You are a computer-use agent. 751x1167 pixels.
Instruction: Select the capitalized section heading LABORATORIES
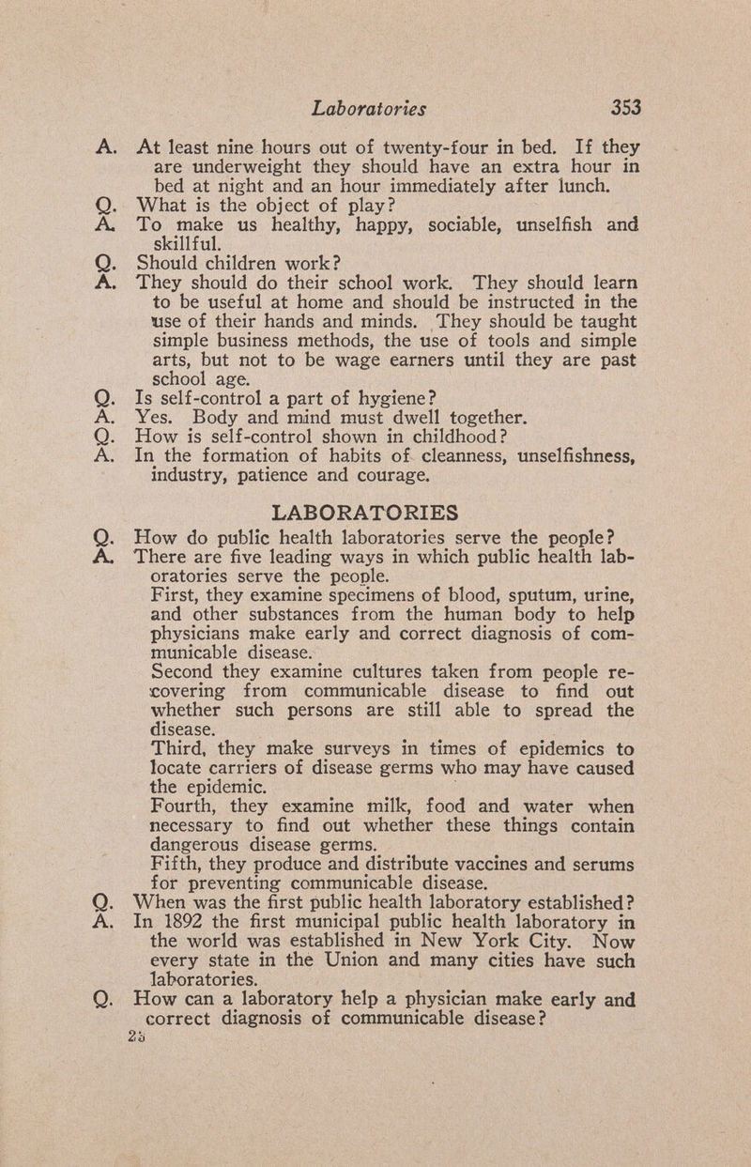365,513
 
